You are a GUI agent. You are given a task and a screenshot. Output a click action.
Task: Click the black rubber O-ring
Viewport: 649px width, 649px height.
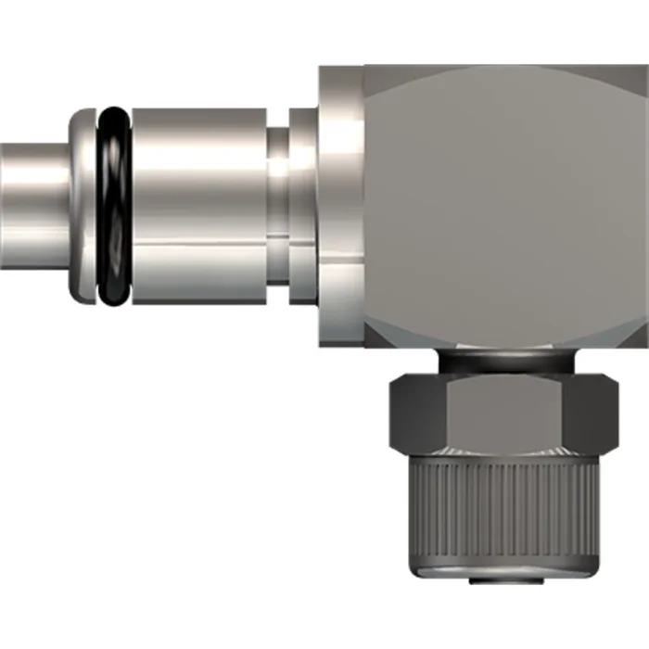(x=114, y=206)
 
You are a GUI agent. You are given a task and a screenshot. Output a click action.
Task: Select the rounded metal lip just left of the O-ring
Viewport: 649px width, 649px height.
(x=83, y=205)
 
